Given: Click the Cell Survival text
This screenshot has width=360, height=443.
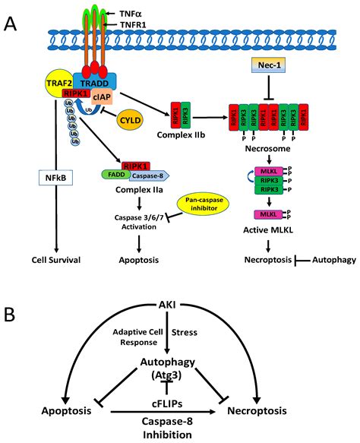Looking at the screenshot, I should tap(54, 259).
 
